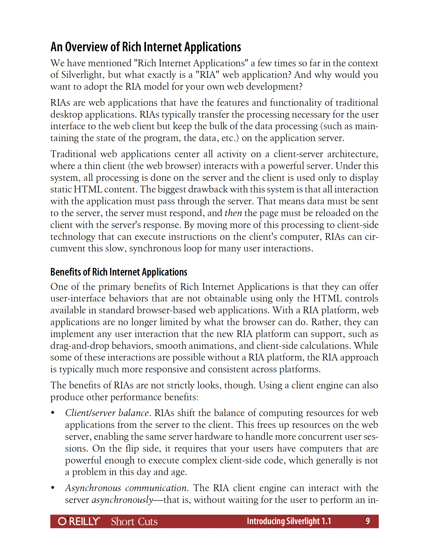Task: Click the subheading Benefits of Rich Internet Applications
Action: (x=119, y=272)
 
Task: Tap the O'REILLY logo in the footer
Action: (x=79, y=521)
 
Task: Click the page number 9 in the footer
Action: (x=368, y=521)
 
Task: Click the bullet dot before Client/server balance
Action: (x=53, y=413)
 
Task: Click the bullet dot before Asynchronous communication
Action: (x=53, y=488)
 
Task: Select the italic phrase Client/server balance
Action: (x=107, y=413)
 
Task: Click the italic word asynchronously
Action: (x=122, y=500)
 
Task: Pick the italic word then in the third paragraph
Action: (x=233, y=213)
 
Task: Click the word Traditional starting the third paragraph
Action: (x=73, y=154)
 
